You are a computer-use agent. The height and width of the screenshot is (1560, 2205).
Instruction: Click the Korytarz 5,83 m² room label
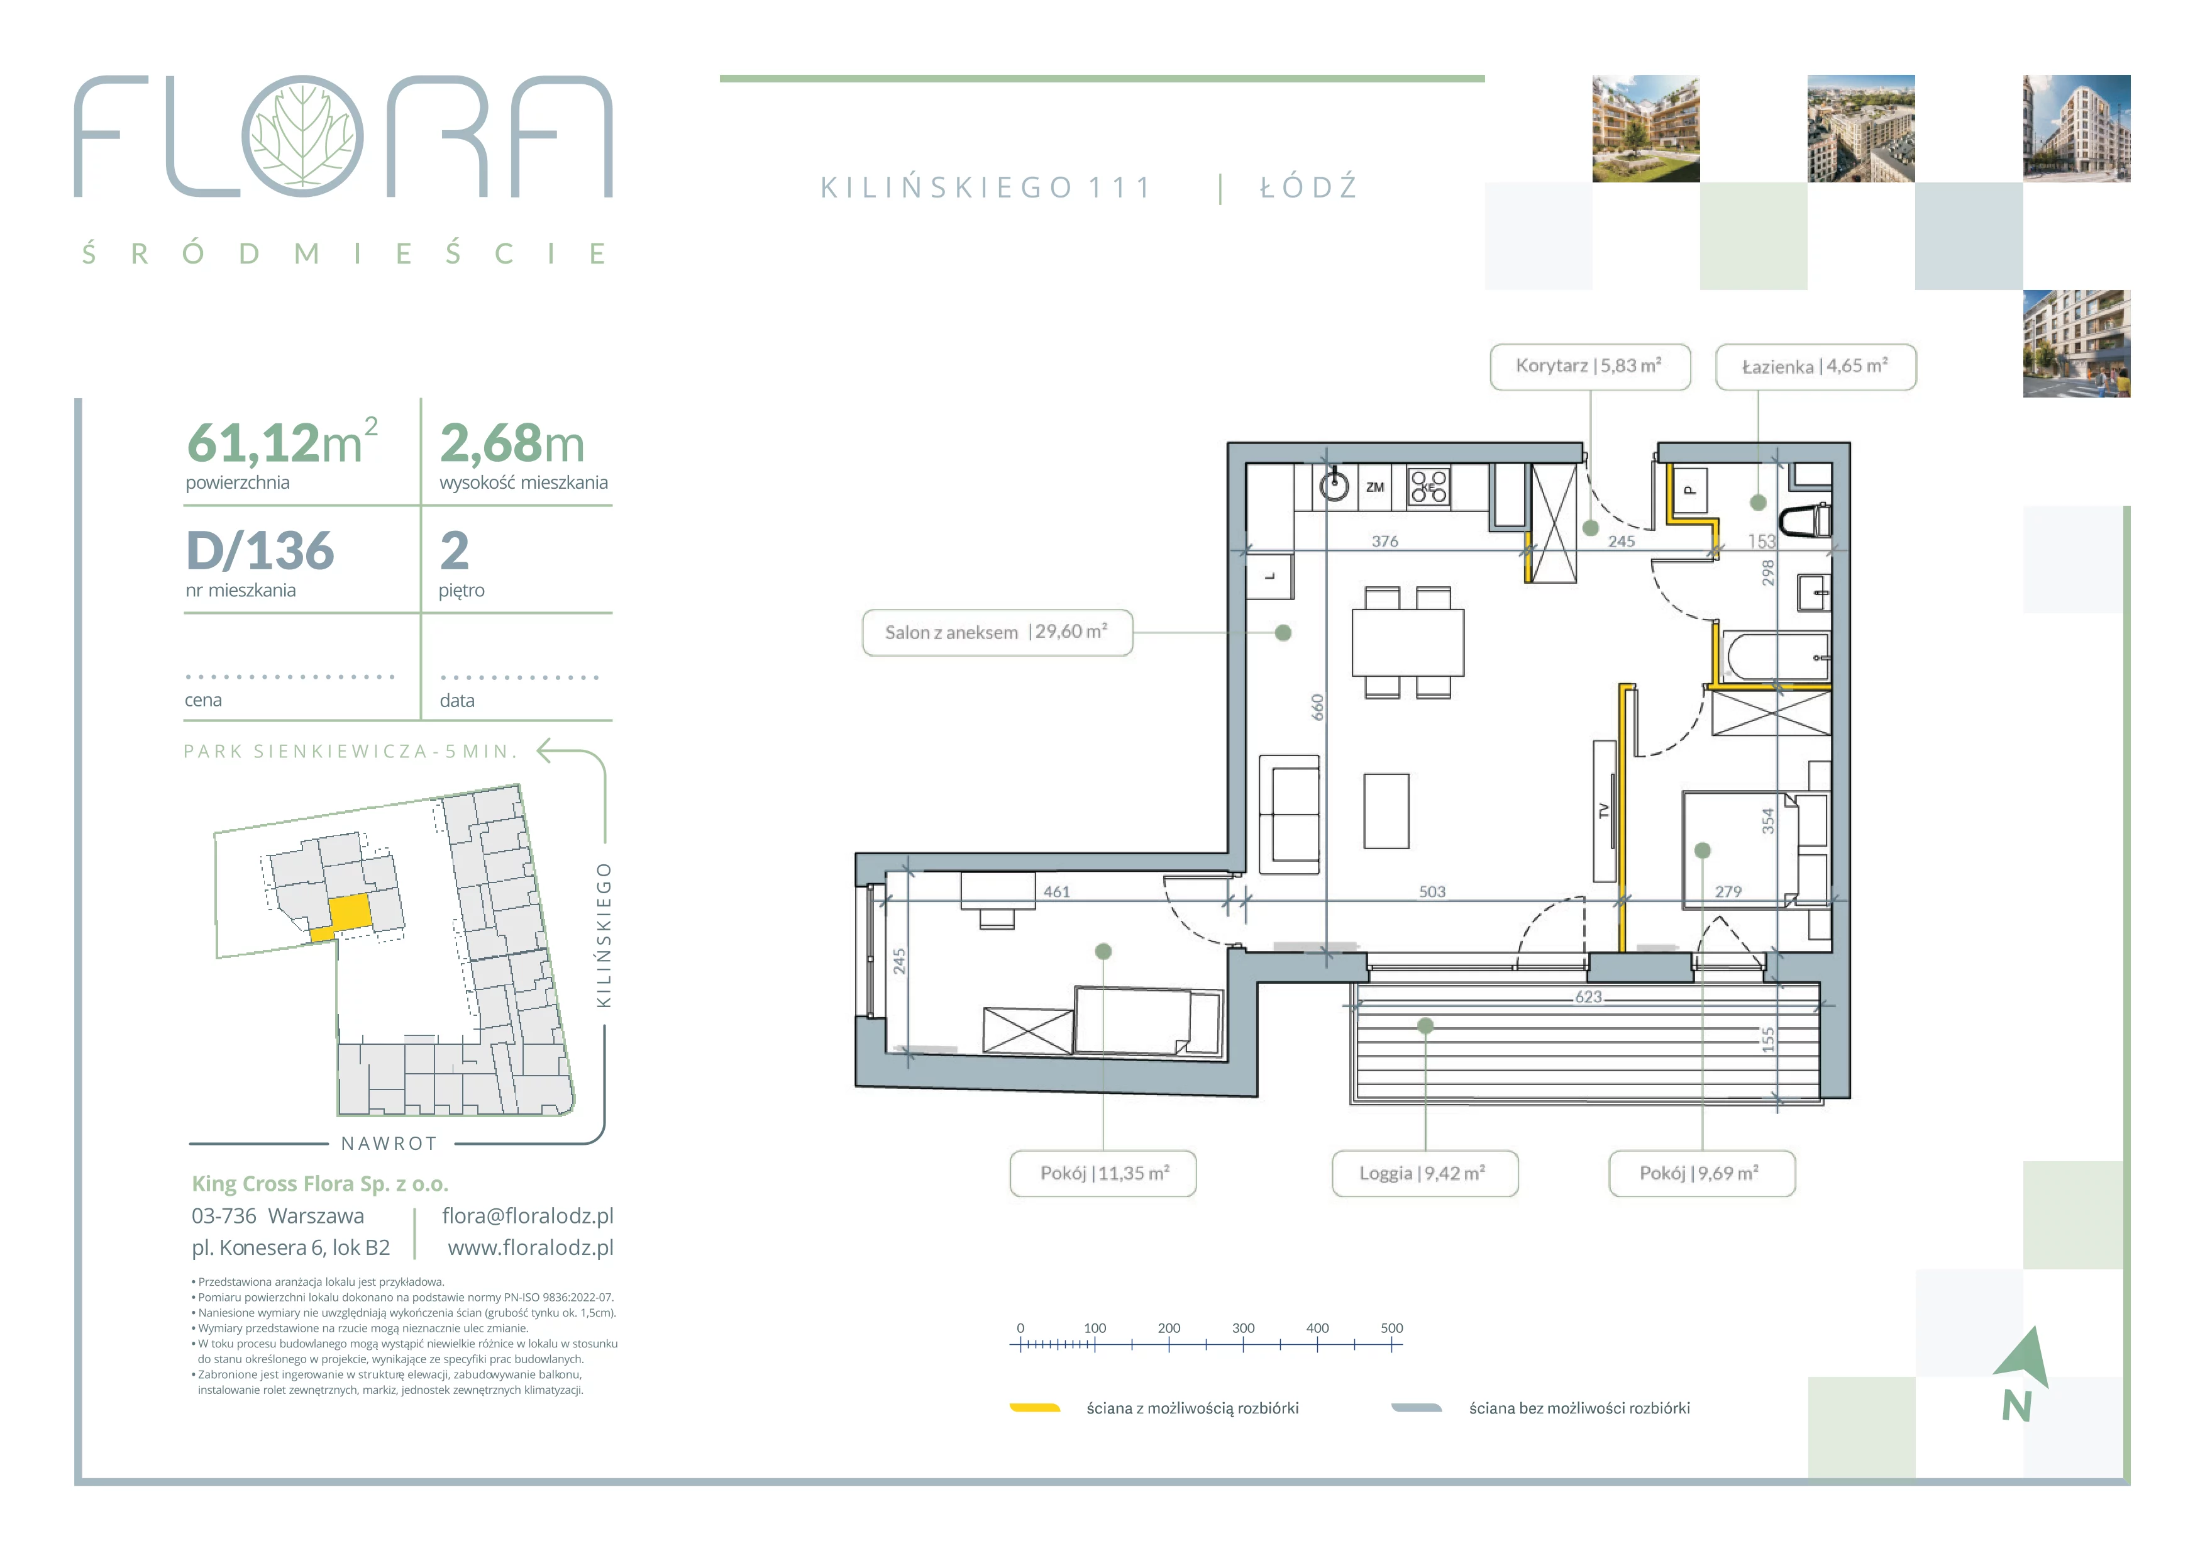(x=1589, y=366)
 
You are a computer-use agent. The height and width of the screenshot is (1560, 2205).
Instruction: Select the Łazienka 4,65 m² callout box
(x=1815, y=366)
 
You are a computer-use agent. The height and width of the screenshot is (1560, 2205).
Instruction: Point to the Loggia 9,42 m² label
(x=1424, y=1173)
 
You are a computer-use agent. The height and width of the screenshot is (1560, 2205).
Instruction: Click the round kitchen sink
(x=1334, y=486)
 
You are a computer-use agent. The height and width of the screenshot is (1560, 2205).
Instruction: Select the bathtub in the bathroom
(x=1777, y=657)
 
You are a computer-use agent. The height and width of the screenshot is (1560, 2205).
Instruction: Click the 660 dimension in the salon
(x=1318, y=708)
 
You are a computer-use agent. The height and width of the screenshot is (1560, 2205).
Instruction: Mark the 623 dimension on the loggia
(x=1588, y=997)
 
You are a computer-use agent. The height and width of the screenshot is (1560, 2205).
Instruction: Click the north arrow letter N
(x=2017, y=1407)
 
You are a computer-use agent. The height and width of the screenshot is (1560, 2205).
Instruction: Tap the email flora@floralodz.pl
(x=528, y=1215)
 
